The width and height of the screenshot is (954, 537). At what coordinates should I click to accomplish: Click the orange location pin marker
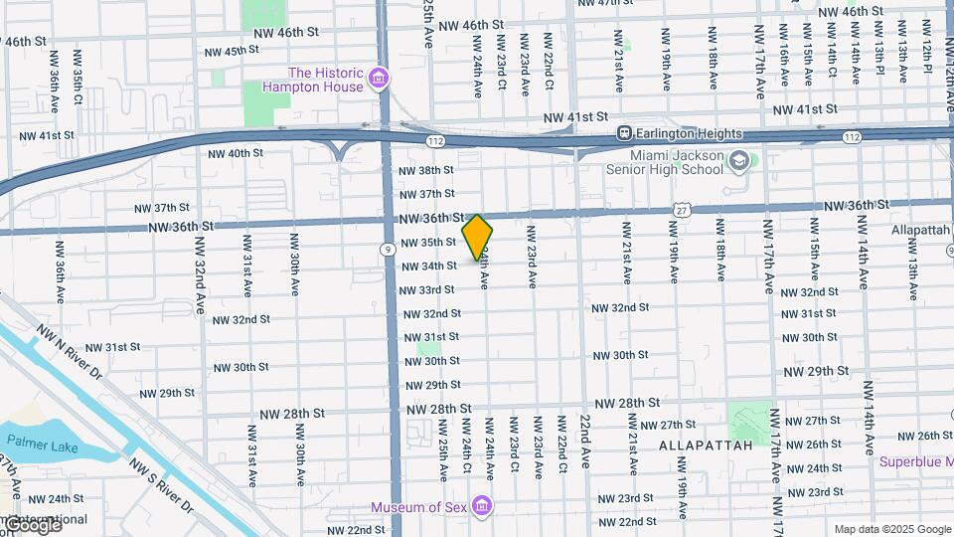[478, 237]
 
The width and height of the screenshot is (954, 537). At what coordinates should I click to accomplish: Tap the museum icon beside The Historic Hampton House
[378, 79]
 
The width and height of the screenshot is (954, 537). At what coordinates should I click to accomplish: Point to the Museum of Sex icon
[482, 508]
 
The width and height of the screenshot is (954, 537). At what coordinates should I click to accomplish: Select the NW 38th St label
[426, 170]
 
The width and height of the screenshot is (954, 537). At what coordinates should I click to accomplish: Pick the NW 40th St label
[236, 153]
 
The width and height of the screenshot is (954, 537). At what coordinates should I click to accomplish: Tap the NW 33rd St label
[426, 289]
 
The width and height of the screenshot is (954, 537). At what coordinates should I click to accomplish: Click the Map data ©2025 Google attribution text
[892, 529]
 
